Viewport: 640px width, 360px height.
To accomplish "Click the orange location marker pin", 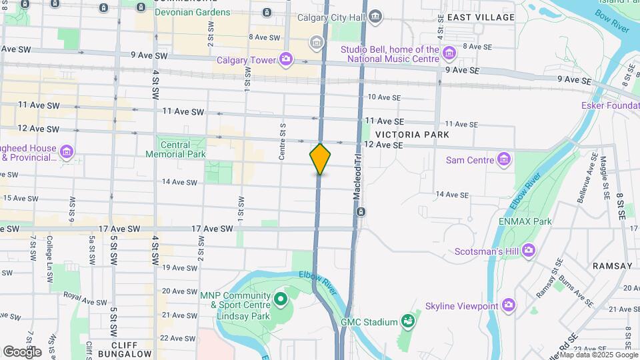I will [320, 159].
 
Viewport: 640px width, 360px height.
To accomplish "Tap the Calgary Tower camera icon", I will [286, 60].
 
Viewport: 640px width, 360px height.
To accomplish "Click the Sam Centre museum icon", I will [505, 160].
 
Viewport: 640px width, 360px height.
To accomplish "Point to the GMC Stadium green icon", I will [407, 322].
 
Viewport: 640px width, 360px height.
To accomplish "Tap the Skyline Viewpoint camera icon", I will [509, 305].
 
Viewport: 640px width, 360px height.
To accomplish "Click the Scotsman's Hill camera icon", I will [529, 251].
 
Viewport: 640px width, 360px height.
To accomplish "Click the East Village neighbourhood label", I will [481, 17].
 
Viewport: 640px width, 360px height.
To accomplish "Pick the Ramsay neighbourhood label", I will [612, 265].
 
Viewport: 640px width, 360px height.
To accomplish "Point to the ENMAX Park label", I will [525, 221].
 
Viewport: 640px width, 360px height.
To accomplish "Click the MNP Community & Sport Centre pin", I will [280, 298].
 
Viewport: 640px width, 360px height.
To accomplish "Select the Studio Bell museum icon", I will [449, 52].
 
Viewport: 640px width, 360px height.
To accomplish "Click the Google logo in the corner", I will [22, 351].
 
